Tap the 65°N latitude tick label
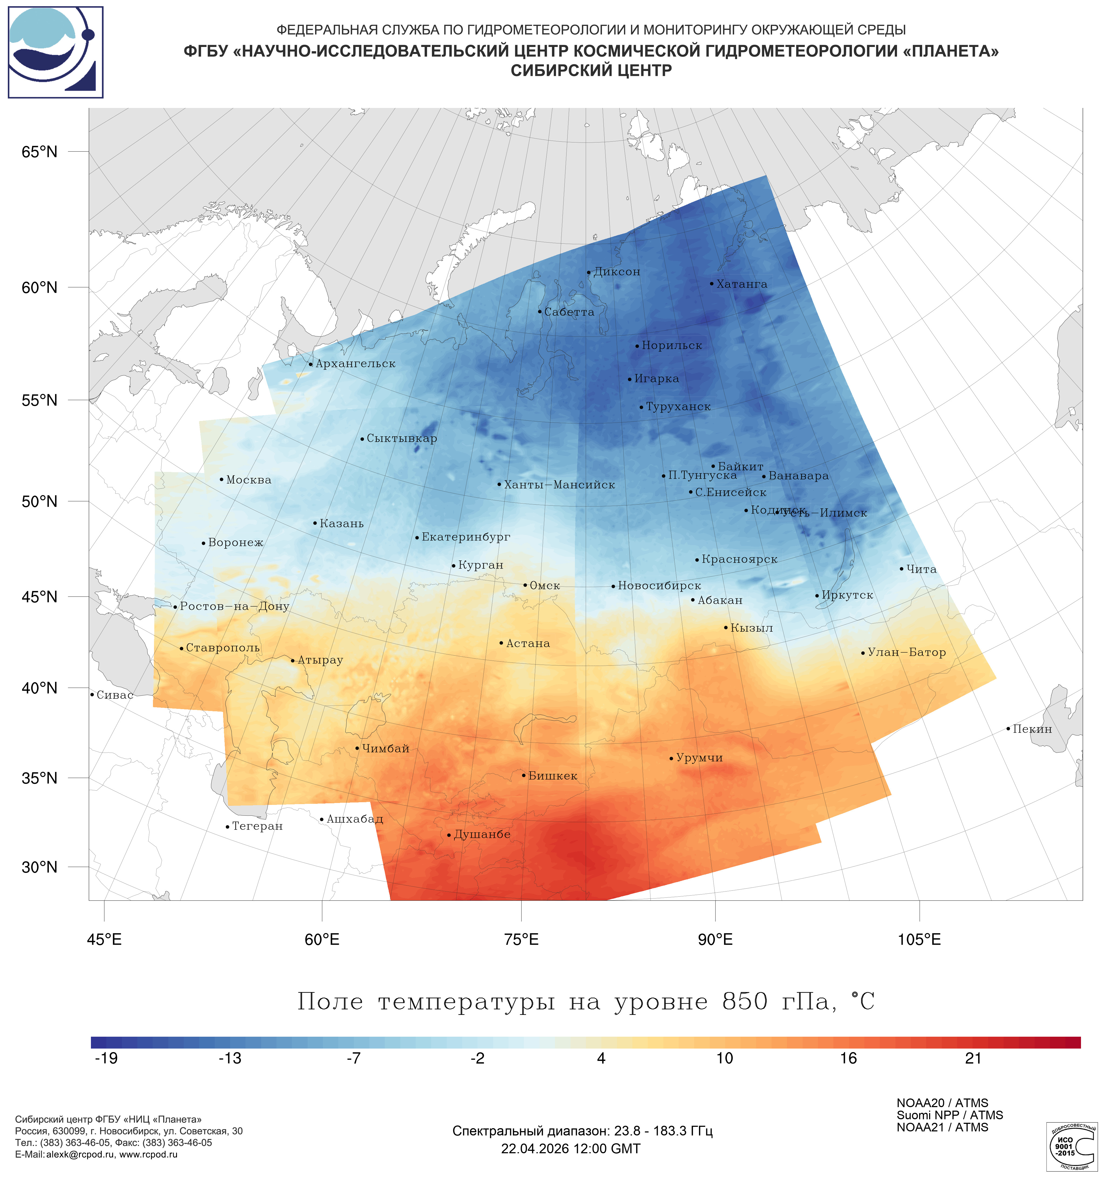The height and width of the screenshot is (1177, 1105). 40,152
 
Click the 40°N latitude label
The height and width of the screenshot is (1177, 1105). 40,688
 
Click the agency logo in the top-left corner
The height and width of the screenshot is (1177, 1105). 56,52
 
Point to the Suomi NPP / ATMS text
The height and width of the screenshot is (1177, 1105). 949,1115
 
